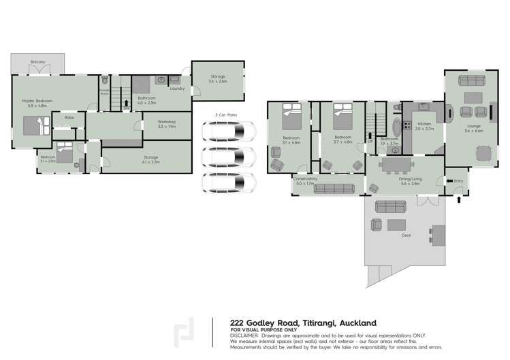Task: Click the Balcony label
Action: point(37,62)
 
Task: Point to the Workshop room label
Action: point(167,124)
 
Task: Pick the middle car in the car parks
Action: point(228,157)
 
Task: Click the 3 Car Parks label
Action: point(225,114)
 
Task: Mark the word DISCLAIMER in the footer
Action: point(249,336)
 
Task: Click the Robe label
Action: point(69,118)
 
